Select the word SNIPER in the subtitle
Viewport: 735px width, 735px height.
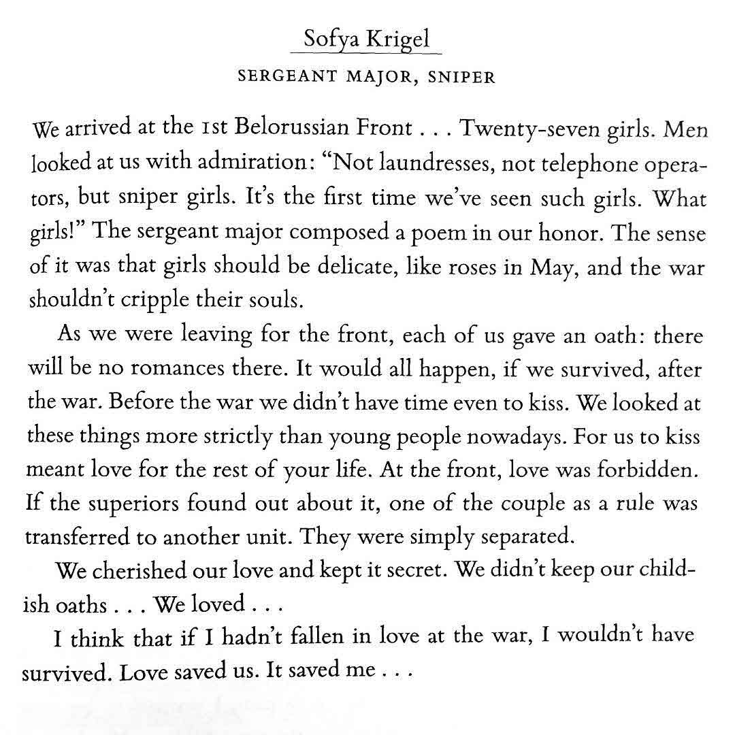tap(462, 76)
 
